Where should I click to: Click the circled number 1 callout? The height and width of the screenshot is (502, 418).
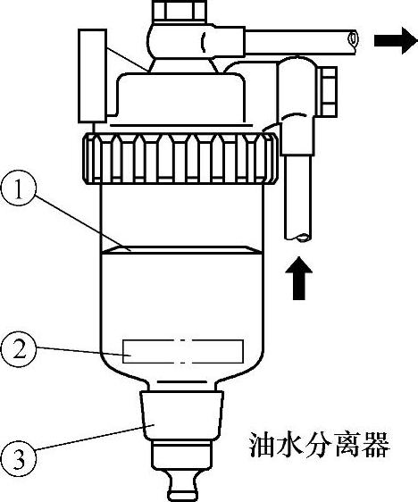click(x=18, y=191)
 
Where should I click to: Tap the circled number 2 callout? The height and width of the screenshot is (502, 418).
click(x=18, y=349)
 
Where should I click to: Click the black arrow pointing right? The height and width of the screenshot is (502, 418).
click(x=396, y=41)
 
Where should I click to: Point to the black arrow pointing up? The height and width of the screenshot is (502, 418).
click(x=298, y=278)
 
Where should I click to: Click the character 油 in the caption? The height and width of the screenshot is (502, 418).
click(x=262, y=446)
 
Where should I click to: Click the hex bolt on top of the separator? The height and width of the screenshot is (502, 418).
click(x=180, y=10)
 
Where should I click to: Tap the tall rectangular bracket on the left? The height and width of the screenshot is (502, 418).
click(x=93, y=76)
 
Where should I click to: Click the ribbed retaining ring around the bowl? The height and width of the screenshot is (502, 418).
click(x=180, y=158)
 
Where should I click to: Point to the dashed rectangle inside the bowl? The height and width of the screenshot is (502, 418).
click(x=183, y=351)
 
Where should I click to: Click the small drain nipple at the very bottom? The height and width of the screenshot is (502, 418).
click(x=181, y=488)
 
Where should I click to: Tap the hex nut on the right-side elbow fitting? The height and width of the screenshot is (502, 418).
click(x=326, y=91)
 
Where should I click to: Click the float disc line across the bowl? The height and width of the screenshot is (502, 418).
click(x=181, y=250)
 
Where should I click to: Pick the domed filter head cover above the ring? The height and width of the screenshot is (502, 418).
click(x=180, y=96)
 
